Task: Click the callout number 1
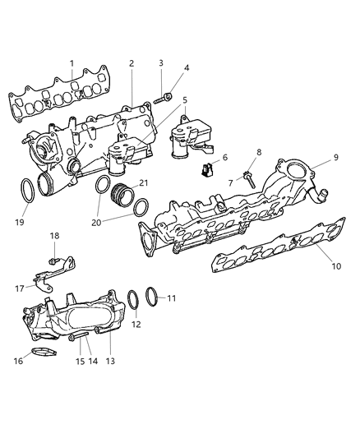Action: (72, 63)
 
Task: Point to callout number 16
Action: (18, 360)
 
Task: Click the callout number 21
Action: (144, 182)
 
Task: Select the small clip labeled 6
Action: (207, 171)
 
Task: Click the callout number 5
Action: (184, 100)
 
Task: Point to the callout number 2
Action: (132, 63)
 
